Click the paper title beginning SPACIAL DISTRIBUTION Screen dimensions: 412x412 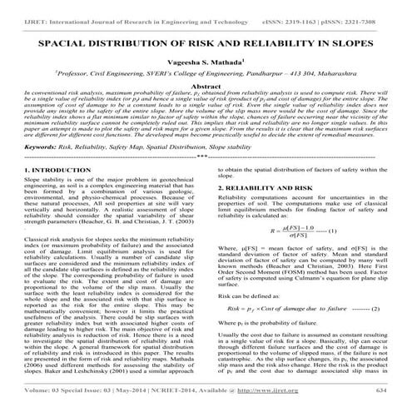(x=206, y=40)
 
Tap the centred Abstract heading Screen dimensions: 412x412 (x=206, y=85)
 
